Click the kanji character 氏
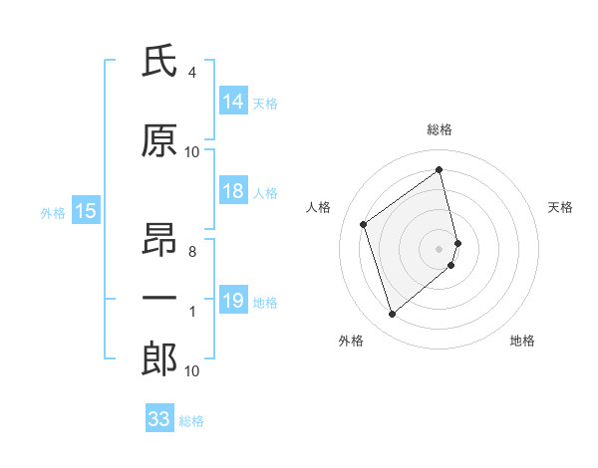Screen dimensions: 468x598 point(160,63)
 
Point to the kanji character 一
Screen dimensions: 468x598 point(160,298)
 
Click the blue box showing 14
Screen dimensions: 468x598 point(233,102)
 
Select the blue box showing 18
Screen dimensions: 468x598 point(233,192)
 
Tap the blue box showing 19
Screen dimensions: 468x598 point(233,302)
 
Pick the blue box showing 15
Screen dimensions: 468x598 point(85,211)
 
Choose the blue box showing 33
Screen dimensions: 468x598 point(159,419)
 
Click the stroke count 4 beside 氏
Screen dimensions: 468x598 point(191,73)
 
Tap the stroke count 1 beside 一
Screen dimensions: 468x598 point(191,312)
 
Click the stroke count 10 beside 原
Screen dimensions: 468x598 point(192,152)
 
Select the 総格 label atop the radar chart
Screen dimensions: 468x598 point(440,129)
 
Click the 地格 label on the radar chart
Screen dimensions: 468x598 point(522,341)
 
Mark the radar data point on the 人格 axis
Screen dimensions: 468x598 point(364,224)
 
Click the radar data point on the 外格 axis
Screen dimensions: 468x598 point(392,315)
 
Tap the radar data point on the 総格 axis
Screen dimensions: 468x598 point(440,169)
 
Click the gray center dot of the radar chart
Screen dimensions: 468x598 point(440,247)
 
